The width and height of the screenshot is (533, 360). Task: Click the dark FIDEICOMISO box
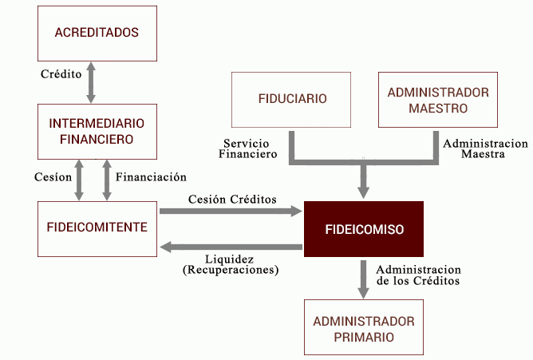[364, 229]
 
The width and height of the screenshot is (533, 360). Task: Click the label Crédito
[61, 73]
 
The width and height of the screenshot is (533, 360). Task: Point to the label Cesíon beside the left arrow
[53, 176]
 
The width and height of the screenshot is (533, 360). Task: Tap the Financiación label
[151, 176]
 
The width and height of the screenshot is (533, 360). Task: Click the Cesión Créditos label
[232, 199]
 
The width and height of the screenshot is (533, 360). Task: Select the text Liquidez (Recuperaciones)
[231, 264]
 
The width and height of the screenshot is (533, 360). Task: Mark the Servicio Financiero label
[247, 148]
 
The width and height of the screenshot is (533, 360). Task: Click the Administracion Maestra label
[485, 148]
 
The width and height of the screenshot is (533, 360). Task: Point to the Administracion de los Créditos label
[418, 275]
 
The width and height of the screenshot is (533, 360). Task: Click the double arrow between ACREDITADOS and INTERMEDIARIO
[91, 82]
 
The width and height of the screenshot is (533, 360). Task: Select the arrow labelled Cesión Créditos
[231, 211]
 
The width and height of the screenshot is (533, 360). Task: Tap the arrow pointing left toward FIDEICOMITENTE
[231, 247]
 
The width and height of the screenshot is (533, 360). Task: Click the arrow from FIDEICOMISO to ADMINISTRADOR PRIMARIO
[363, 279]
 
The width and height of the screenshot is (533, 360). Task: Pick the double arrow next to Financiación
[107, 180]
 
